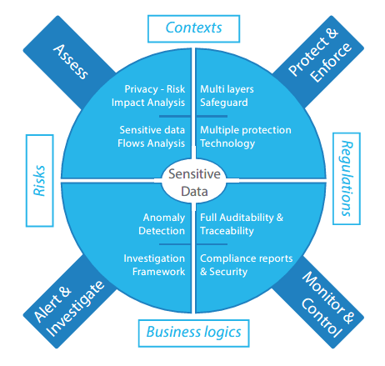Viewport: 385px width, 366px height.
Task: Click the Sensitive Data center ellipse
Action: pyautogui.click(x=194, y=183)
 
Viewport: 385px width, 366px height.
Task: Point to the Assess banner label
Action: pyautogui.click(x=71, y=62)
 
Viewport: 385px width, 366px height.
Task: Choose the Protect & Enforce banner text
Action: pyautogui.click(x=320, y=56)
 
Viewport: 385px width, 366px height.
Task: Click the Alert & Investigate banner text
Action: pyautogui.click(x=68, y=308)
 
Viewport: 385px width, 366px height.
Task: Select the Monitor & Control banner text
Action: pyautogui.click(x=327, y=304)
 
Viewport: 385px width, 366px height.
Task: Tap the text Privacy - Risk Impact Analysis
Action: pyautogui.click(x=148, y=96)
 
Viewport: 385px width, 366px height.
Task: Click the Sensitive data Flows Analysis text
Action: pyautogui.click(x=151, y=137)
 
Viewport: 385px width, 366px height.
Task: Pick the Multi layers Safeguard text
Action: pyautogui.click(x=227, y=96)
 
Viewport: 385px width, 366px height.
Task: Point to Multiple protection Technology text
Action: pyautogui.click(x=246, y=137)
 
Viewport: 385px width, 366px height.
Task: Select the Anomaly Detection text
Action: pyautogui.click(x=162, y=224)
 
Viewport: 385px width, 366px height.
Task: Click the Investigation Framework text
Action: pyautogui.click(x=154, y=265)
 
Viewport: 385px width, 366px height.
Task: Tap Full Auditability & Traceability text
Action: pyautogui.click(x=242, y=224)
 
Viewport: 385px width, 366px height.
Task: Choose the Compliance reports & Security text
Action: pyautogui.click(x=247, y=265)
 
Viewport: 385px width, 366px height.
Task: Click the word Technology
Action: pyautogui.click(x=227, y=143)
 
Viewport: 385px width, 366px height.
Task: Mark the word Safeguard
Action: pyautogui.click(x=224, y=103)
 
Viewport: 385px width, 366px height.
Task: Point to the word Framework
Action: pyautogui.click(x=158, y=272)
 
